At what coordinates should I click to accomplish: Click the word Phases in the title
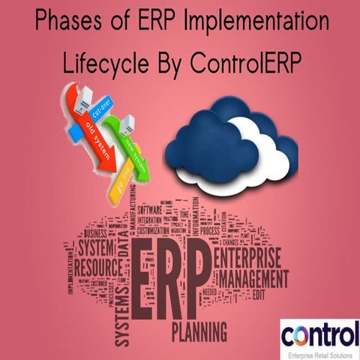[x=63, y=21]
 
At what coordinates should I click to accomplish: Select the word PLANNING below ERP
[x=201, y=331]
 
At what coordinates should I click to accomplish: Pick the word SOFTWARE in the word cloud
[x=153, y=209]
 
